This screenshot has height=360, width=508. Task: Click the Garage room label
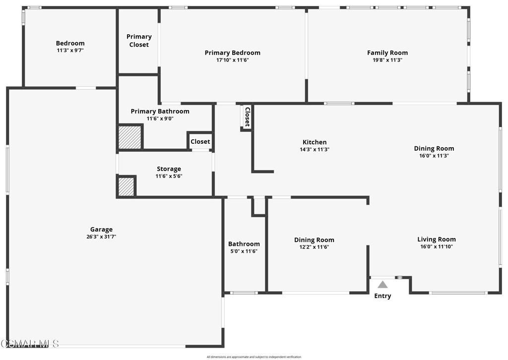[101, 230]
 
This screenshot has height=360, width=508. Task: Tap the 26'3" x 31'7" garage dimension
[101, 237]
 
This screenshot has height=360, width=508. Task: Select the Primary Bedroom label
[232, 53]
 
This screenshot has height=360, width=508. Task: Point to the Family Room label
[387, 53]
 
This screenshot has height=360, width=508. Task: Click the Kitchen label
[315, 142]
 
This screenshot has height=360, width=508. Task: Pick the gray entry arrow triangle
[382, 285]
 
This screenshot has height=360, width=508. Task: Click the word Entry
[382, 296]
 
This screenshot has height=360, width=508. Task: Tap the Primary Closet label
[139, 41]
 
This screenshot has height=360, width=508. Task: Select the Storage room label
[169, 169]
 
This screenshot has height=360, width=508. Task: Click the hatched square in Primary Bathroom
[130, 137]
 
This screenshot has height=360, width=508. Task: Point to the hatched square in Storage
[126, 187]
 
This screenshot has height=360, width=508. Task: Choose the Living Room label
[436, 240]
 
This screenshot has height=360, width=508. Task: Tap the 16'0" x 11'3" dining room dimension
[434, 155]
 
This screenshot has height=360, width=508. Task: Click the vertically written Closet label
[247, 117]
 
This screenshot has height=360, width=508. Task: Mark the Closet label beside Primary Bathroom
[200, 142]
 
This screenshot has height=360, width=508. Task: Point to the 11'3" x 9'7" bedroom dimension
[70, 50]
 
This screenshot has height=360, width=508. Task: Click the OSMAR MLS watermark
[30, 343]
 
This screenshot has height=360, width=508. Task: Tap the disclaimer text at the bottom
[254, 357]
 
